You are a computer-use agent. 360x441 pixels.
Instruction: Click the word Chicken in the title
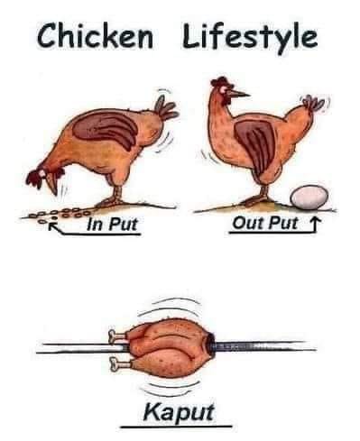click(x=96, y=36)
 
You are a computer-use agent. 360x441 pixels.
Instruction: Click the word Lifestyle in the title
click(x=250, y=38)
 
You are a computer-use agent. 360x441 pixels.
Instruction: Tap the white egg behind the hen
click(x=309, y=198)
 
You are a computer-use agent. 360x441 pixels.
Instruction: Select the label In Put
click(x=112, y=224)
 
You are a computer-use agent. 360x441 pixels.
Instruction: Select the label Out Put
click(x=265, y=224)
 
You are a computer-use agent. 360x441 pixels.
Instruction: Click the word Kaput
click(x=179, y=412)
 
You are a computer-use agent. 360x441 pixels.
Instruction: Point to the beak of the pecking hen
click(x=53, y=186)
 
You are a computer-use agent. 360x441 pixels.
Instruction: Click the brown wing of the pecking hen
click(x=106, y=126)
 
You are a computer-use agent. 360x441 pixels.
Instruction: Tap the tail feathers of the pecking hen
click(x=166, y=107)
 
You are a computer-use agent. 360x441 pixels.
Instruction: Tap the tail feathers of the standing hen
click(x=313, y=104)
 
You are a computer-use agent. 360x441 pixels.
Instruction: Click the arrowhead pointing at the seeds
click(x=53, y=225)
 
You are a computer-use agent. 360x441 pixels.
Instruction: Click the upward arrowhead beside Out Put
click(x=315, y=222)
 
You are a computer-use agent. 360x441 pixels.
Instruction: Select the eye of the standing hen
click(x=226, y=90)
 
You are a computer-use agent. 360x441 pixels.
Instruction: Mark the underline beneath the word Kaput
click(x=176, y=426)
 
